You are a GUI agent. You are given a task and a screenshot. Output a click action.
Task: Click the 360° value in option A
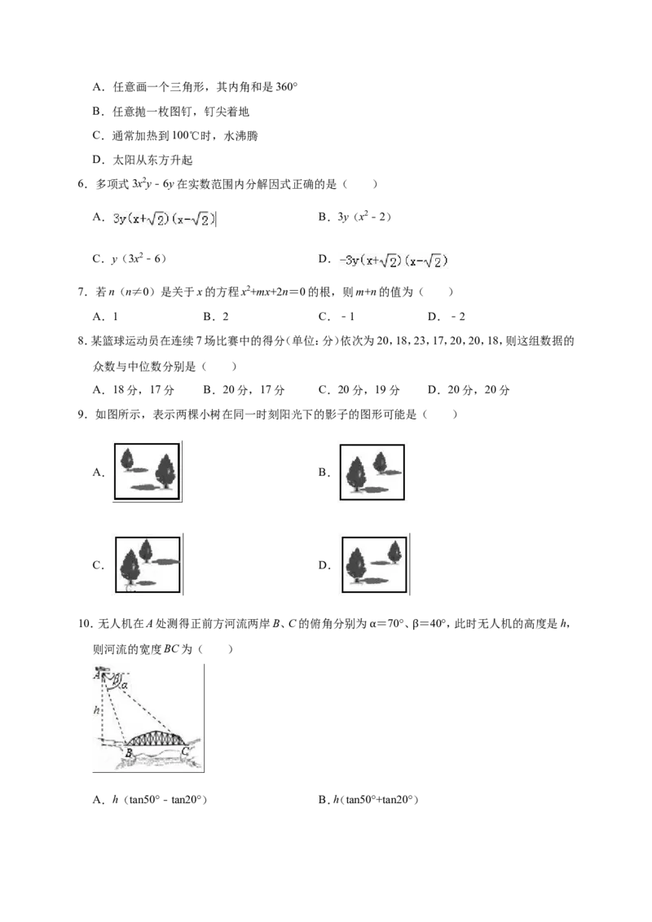coord(287,87)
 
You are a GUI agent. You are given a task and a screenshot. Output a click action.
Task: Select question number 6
coord(83,184)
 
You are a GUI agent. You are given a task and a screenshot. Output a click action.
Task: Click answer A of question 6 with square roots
coord(164,219)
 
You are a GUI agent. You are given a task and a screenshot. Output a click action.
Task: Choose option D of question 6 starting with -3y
coord(393,261)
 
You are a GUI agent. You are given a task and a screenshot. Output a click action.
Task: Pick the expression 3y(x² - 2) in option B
coord(364,217)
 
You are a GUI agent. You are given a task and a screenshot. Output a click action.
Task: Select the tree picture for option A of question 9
coord(147,472)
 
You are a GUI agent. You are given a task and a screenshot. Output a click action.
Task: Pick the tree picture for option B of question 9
coord(372,472)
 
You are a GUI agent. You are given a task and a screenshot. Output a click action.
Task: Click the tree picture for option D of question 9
coord(374,564)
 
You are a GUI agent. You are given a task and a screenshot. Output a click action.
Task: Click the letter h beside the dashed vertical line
coord(96,710)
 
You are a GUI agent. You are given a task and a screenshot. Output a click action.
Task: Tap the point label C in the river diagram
coord(185,751)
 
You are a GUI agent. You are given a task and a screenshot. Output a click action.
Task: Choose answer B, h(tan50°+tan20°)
coord(368,800)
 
